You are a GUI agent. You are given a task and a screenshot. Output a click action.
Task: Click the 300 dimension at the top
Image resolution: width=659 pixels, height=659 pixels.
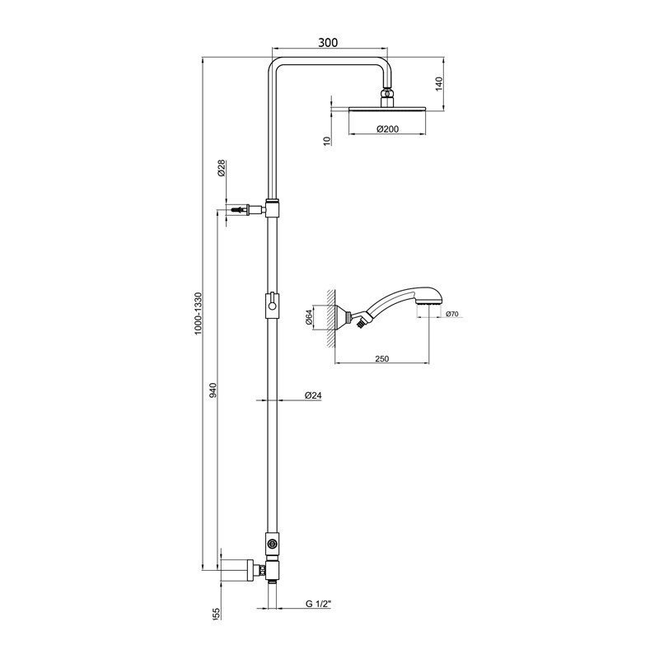coord(328,42)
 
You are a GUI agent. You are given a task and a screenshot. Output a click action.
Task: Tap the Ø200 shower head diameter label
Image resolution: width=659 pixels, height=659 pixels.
coord(388,129)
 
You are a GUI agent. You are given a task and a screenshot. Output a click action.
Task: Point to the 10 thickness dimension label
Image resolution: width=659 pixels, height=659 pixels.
coord(328,141)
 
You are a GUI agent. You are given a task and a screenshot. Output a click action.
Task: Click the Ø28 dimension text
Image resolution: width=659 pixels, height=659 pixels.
coord(222,169)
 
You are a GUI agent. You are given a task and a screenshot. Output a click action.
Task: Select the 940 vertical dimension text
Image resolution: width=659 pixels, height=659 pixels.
coord(213,391)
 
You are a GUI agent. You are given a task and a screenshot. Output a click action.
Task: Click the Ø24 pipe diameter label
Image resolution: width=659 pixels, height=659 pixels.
coord(312,396)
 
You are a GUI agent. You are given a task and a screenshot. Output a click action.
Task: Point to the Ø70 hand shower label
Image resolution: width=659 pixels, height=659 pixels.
coord(451,315)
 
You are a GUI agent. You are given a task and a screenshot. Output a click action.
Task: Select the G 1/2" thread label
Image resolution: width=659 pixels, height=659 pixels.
coord(319,605)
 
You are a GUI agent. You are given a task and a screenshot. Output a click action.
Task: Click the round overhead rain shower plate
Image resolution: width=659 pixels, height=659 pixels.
coord(388,110)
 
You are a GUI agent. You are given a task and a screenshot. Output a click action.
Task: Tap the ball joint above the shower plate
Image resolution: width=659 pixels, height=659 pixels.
coord(388,97)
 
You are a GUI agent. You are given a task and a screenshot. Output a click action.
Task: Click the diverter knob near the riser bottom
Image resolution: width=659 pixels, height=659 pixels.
coord(272,544)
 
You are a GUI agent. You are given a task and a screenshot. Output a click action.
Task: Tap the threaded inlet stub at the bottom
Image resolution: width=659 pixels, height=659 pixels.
coord(272,583)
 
